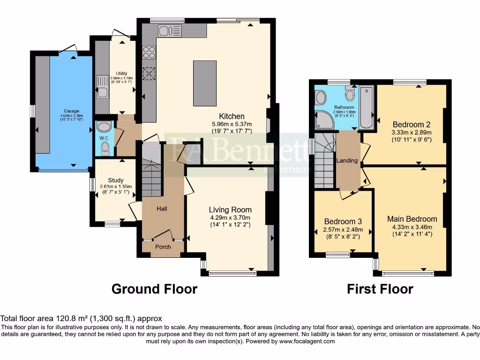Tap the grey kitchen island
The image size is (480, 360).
(x=204, y=83)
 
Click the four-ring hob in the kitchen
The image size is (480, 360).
(x=149, y=52)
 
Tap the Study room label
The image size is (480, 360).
(x=115, y=180)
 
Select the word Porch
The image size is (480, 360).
(x=163, y=247)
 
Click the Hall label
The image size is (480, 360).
(x=162, y=209)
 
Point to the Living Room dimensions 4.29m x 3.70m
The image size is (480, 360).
(x=230, y=217)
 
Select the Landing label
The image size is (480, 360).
(x=347, y=160)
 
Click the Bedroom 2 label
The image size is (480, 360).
(x=412, y=125)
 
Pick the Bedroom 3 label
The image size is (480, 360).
(x=343, y=222)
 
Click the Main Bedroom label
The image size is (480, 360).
(x=412, y=219)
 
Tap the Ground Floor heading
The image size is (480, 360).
(x=154, y=289)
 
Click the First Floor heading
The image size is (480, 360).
(x=380, y=289)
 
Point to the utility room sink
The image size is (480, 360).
(x=102, y=88)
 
